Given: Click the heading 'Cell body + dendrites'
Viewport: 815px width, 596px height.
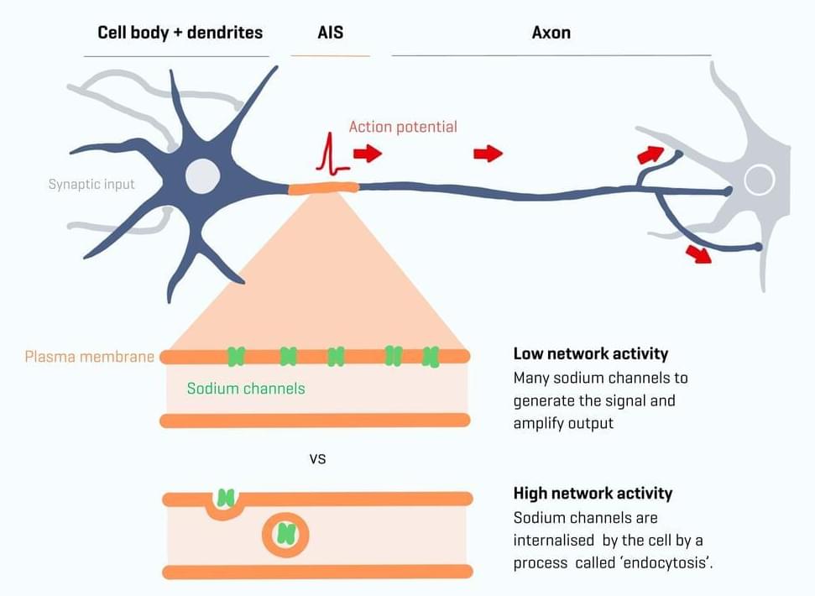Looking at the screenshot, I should (x=180, y=33).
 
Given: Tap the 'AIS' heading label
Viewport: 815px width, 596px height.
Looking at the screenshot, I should (x=330, y=33).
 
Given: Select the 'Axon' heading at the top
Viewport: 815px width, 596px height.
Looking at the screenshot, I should (x=551, y=33).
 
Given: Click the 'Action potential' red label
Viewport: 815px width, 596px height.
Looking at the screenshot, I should (x=403, y=127).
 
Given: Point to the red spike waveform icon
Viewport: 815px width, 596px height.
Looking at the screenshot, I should (x=332, y=156).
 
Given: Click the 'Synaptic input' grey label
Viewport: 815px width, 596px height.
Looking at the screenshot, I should (x=91, y=184).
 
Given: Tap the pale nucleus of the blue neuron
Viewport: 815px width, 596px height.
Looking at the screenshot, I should (x=202, y=175).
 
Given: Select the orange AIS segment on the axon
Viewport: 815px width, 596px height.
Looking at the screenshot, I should (x=323, y=188).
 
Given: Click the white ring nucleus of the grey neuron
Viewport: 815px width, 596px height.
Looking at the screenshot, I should (x=760, y=180).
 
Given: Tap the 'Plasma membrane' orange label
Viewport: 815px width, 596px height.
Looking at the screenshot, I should (x=89, y=357).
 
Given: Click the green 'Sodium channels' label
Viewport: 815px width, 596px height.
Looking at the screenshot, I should (x=246, y=389).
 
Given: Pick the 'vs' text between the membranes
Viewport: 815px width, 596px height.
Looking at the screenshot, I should (x=317, y=459).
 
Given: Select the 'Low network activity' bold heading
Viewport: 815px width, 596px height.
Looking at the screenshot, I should (x=591, y=354).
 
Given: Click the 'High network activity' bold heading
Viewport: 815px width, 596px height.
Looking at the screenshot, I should (x=593, y=494).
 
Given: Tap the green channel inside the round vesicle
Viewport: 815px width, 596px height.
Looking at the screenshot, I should (x=286, y=533).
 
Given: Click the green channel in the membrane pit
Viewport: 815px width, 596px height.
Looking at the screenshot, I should (x=225, y=499).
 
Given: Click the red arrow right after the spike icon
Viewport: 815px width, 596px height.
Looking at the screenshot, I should (x=367, y=154).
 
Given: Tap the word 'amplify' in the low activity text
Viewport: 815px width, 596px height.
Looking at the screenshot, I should (x=540, y=423).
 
